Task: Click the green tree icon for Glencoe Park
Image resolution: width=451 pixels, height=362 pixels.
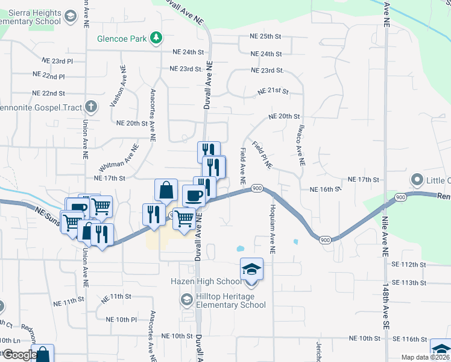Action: [156, 39]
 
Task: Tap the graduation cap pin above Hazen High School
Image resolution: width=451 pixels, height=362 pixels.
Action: [251, 268]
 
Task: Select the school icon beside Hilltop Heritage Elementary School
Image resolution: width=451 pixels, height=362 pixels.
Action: [186, 300]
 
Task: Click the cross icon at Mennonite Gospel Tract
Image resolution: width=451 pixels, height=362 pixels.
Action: [91, 107]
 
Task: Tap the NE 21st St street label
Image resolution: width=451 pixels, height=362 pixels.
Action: [273, 92]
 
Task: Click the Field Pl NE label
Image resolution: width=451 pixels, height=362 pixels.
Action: [263, 153]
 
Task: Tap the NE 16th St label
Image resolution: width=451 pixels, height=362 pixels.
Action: [326, 189]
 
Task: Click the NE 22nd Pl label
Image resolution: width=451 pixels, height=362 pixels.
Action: [53, 77]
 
